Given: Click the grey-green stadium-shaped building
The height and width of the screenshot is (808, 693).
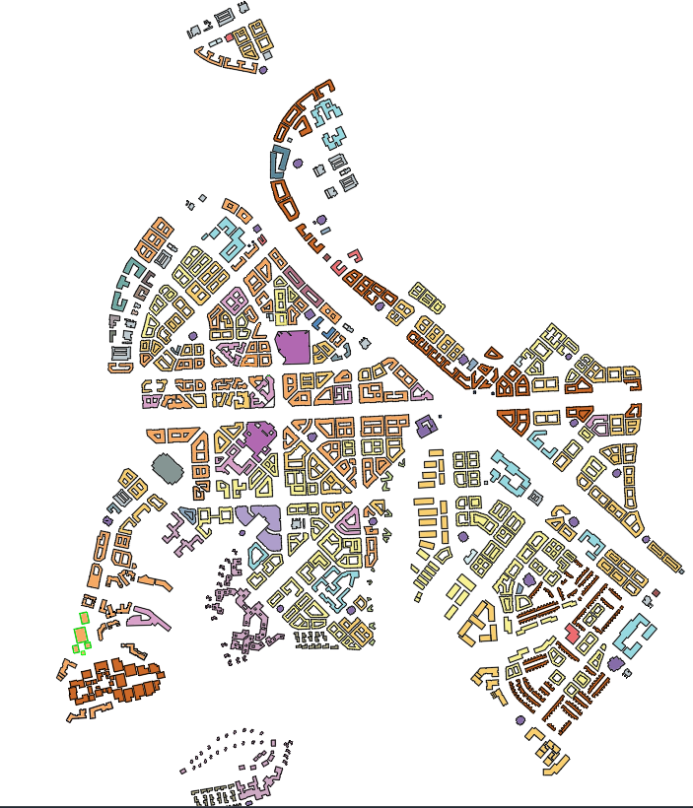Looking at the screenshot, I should [167, 469].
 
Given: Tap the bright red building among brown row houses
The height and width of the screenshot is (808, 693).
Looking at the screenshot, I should [572, 634].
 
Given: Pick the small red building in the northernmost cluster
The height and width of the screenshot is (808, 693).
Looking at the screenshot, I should [230, 36].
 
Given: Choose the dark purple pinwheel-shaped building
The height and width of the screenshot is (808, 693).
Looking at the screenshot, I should [426, 427].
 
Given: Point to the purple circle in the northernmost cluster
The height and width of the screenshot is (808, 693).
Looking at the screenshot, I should [263, 69].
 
